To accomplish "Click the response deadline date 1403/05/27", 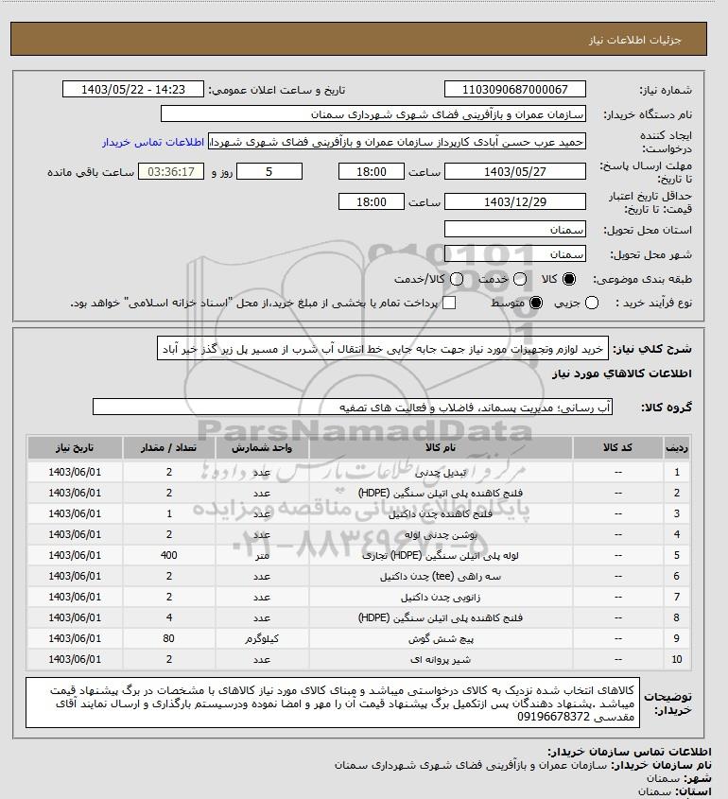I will [x=514, y=172].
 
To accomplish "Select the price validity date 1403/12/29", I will [x=514, y=202].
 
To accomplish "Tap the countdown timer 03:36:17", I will [x=171, y=172].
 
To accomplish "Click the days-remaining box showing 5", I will [x=269, y=172].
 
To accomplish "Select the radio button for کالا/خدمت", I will [x=457, y=280].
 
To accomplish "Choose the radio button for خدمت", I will [x=516, y=280].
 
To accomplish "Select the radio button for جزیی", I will [x=593, y=303].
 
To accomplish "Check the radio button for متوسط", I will [x=536, y=303].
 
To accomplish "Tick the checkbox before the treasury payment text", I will [x=449, y=303].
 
